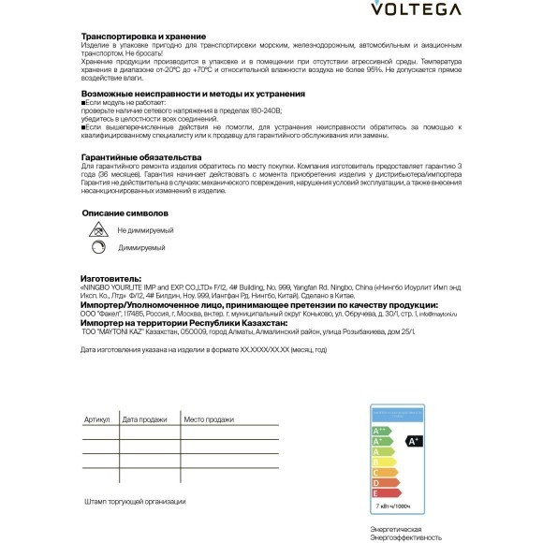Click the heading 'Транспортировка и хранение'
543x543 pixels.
(141, 36)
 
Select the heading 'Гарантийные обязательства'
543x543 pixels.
(141, 156)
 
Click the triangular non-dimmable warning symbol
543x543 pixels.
(96, 229)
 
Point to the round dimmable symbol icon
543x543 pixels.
(96, 247)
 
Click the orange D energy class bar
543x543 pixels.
(385, 481)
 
